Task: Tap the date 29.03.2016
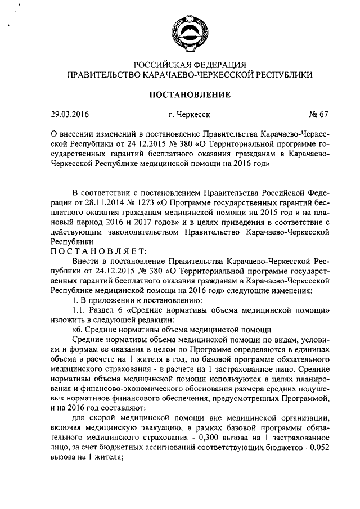click(70, 115)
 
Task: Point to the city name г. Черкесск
click(189, 115)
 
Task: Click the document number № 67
click(318, 115)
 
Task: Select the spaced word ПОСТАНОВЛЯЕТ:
click(98, 250)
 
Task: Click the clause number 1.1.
click(79, 310)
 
